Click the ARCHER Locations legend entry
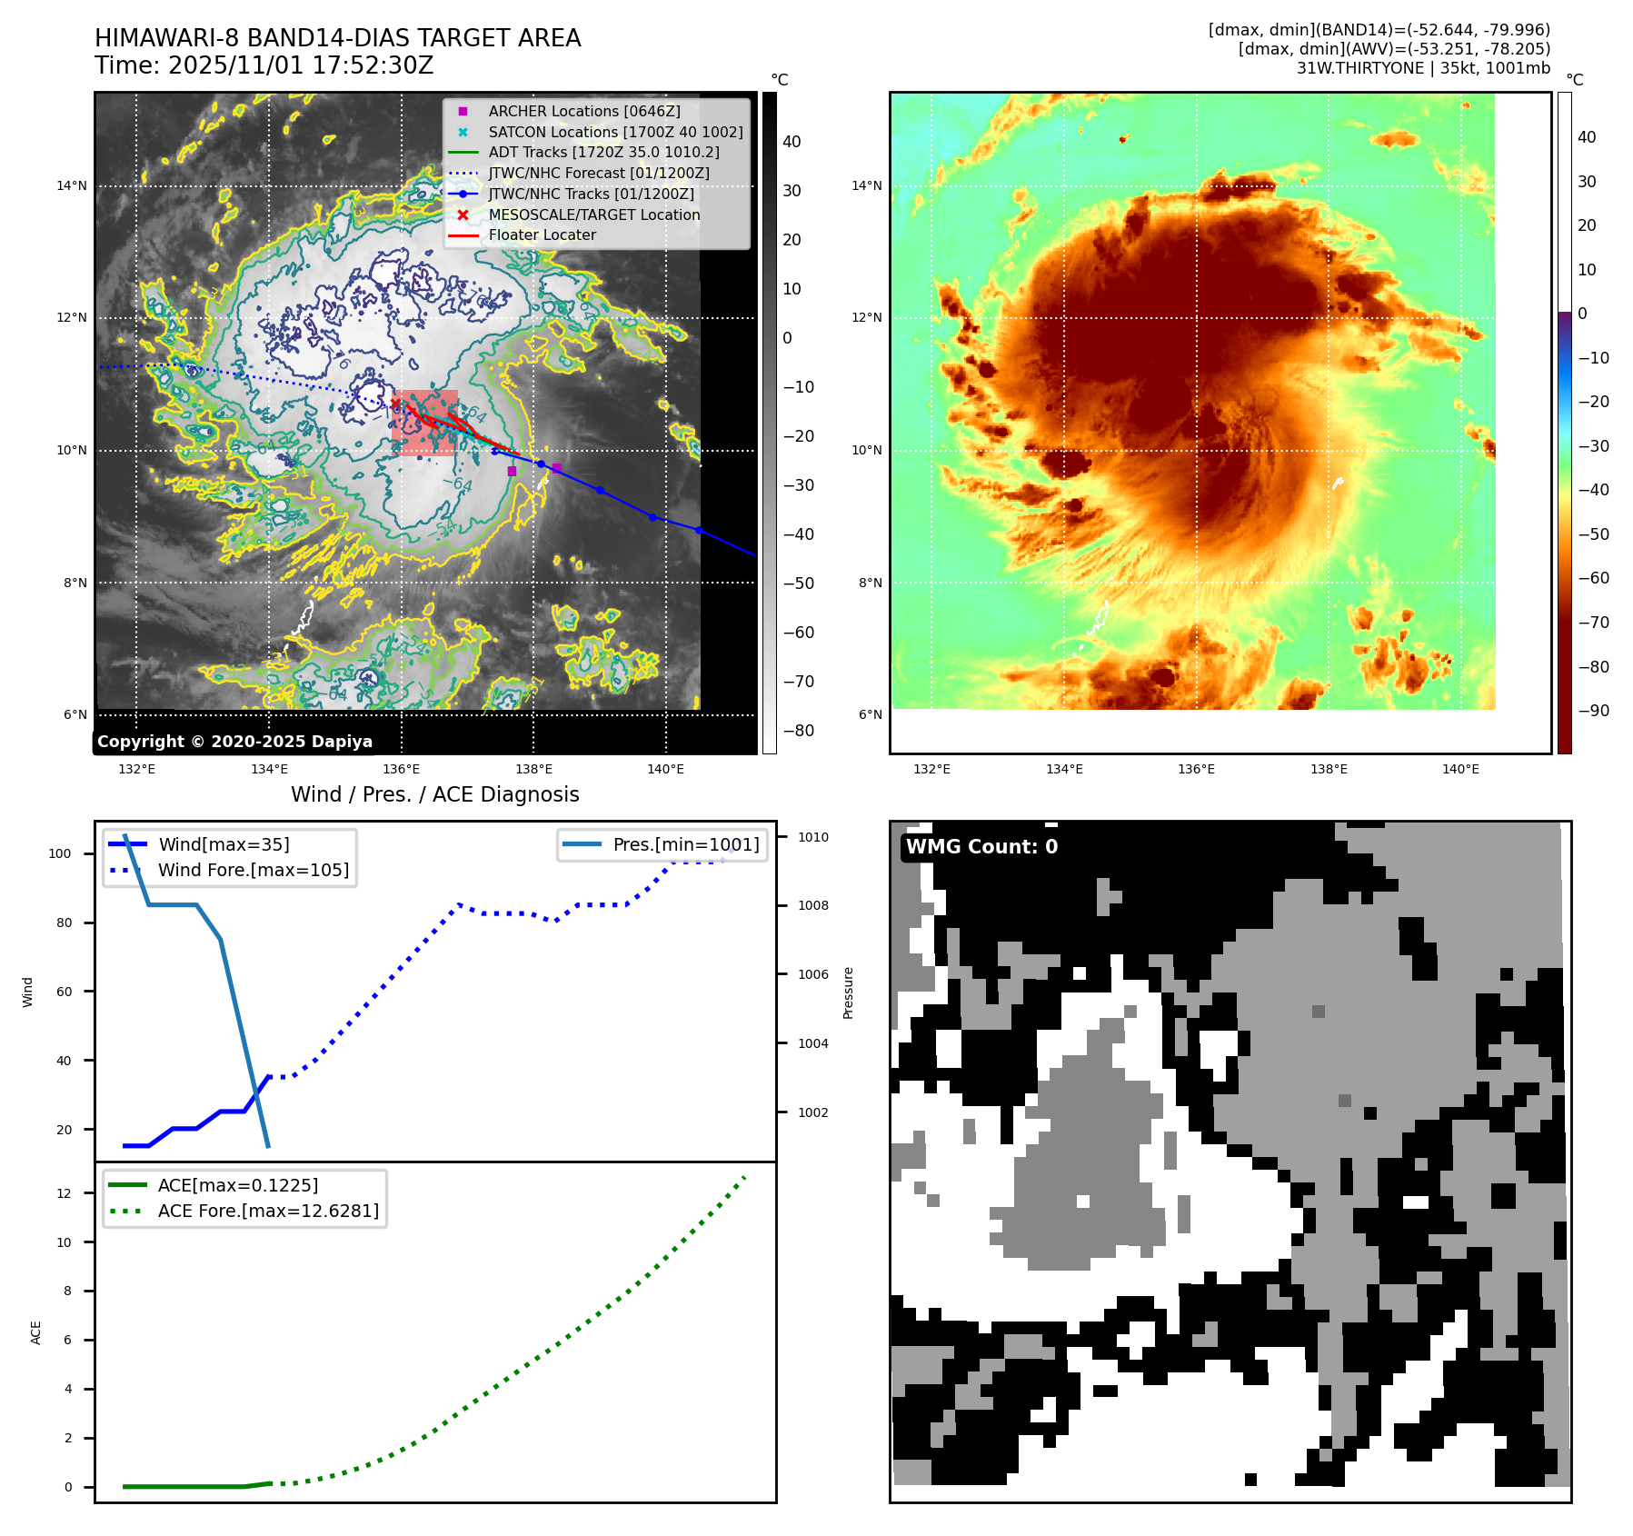(x=583, y=111)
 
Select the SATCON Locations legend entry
(x=614, y=132)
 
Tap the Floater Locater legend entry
(x=542, y=234)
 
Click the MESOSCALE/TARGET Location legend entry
(x=593, y=214)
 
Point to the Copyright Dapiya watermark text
(x=234, y=742)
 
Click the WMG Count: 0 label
(x=981, y=847)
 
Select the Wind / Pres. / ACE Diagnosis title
(x=434, y=794)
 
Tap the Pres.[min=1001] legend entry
(x=685, y=844)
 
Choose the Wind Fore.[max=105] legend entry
(x=253, y=870)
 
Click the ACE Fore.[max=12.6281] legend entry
(x=268, y=1211)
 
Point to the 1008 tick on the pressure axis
(x=813, y=905)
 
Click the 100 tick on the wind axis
(x=60, y=853)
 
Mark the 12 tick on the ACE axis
(x=64, y=1193)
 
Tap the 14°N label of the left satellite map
(x=72, y=186)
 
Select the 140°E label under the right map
(x=1460, y=769)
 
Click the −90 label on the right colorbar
(x=1593, y=711)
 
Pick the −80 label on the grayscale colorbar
(x=799, y=731)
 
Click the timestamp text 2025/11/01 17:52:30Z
(x=301, y=65)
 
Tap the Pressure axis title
(x=848, y=992)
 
